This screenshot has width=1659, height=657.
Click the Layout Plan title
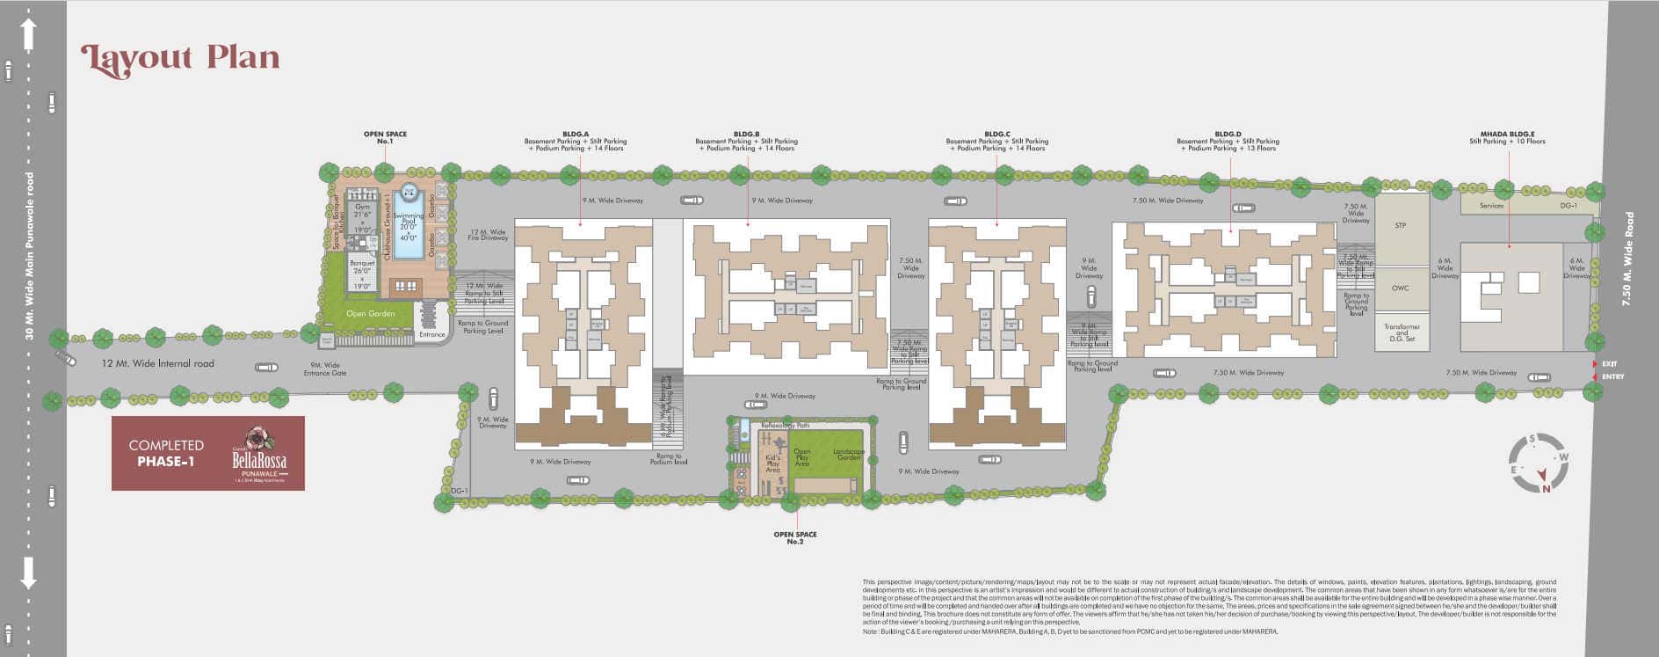(180, 58)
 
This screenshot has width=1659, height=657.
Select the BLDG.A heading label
(576, 135)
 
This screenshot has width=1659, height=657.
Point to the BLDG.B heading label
(746, 135)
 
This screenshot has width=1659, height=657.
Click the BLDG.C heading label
(996, 135)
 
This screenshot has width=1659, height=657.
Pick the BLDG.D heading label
(1228, 135)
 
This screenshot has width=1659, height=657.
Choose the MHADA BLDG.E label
(1507, 135)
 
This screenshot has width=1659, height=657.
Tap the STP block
(1401, 226)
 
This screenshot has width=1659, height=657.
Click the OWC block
(1401, 288)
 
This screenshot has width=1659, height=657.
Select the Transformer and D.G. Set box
(1401, 332)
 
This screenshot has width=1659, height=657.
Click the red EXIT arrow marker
(1595, 363)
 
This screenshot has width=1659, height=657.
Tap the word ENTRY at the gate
(1613, 377)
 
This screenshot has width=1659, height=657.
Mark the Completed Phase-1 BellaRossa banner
(208, 453)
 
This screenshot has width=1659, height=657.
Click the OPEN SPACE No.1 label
(385, 137)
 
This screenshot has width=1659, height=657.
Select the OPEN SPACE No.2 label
(794, 537)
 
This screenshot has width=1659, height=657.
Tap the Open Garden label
(370, 313)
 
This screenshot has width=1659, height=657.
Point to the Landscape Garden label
(848, 455)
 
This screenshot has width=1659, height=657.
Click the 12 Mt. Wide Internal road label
(157, 363)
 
